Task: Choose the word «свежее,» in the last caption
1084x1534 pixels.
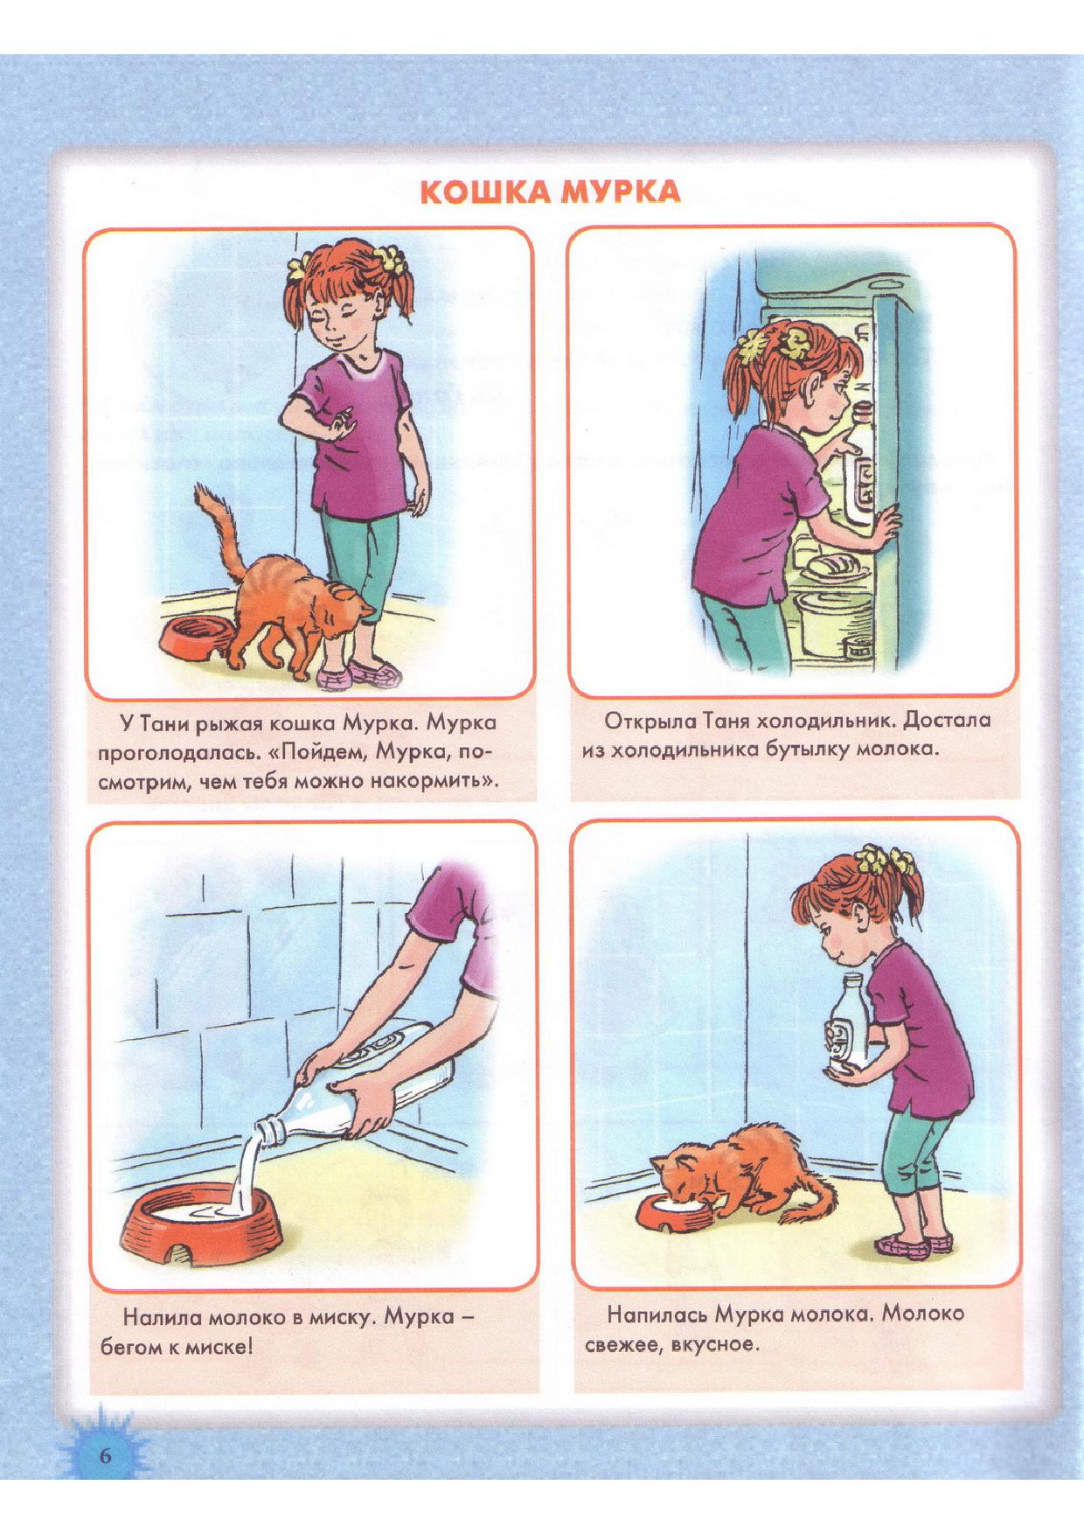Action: (622, 1343)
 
